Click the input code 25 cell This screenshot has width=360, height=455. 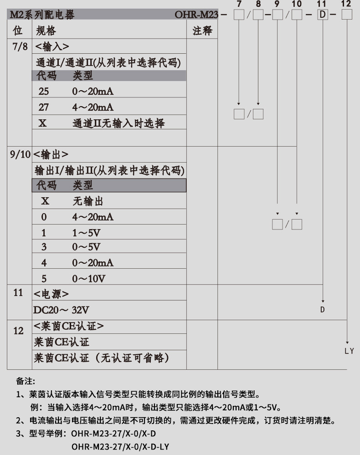pyautogui.click(x=44, y=92)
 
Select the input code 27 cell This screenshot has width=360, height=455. pyautogui.click(x=44, y=107)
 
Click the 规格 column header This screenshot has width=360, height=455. pyautogui.click(x=46, y=31)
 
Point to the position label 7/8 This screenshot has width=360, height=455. pyautogui.click(x=19, y=46)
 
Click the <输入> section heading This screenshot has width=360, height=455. pyautogui.click(x=52, y=46)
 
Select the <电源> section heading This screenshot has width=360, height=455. pyautogui.click(x=51, y=293)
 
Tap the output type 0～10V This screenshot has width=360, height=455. pyautogui.click(x=89, y=278)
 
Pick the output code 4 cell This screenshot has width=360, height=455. pyautogui.click(x=44, y=263)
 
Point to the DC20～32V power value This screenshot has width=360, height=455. pyautogui.click(x=61, y=310)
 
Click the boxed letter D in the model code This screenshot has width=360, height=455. pyautogui.click(x=323, y=15)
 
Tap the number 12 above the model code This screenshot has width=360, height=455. pyautogui.click(x=346, y=4)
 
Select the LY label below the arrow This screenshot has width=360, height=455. pyautogui.click(x=349, y=351)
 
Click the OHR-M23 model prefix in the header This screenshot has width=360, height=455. pyautogui.click(x=197, y=15)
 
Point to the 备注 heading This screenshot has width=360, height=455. pyautogui.click(x=26, y=381)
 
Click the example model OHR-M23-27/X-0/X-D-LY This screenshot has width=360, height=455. pyautogui.click(x=120, y=446)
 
